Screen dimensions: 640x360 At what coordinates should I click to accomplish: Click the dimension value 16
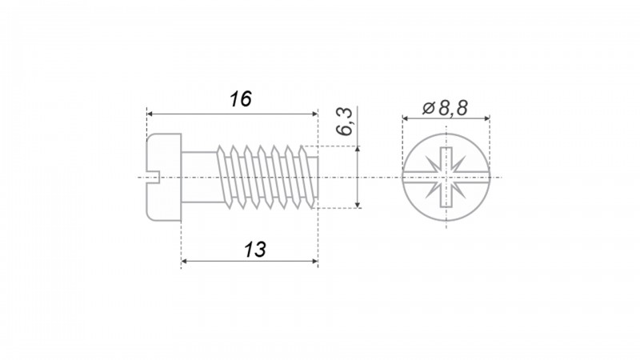[241, 99]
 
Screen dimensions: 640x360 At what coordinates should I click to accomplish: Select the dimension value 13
[255, 250]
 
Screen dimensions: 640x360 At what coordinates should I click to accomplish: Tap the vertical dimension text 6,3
[344, 122]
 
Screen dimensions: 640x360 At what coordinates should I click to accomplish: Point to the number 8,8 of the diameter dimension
[453, 108]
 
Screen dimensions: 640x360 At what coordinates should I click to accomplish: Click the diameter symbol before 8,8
[429, 109]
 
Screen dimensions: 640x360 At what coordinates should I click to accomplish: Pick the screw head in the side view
[164, 177]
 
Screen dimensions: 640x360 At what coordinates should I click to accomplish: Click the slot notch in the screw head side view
[153, 176]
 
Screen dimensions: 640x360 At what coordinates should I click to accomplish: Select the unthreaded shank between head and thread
[199, 177]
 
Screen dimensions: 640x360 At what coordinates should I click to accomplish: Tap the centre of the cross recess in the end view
[446, 177]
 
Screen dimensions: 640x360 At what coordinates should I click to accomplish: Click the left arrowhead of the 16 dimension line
[150, 114]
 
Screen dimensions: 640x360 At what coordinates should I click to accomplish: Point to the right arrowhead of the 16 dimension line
[314, 114]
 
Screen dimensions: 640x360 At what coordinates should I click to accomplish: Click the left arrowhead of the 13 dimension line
[185, 262]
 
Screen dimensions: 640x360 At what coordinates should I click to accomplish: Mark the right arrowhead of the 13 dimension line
[314, 262]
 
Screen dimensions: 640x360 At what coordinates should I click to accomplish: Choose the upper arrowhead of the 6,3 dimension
[358, 150]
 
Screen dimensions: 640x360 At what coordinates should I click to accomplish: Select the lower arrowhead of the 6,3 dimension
[358, 204]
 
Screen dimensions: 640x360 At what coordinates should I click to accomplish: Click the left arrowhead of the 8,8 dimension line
[406, 118]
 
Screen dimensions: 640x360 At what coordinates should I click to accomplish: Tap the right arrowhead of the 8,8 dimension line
[486, 118]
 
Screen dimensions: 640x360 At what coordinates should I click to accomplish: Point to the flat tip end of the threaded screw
[317, 178]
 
